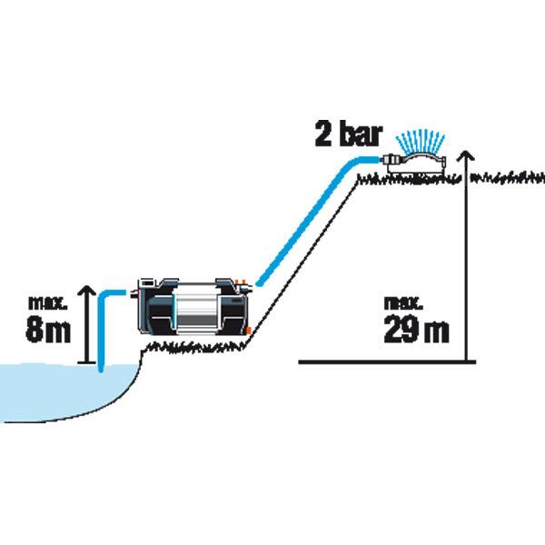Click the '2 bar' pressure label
[x=349, y=134]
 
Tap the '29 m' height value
[x=416, y=329]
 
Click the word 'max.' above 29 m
[x=403, y=303]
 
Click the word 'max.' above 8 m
[x=47, y=303]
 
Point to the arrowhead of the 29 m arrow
[x=466, y=155]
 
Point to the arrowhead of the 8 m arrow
[x=87, y=291]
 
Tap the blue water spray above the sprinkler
[x=421, y=141]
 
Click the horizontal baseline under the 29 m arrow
[x=387, y=362]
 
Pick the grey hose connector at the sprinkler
[x=391, y=160]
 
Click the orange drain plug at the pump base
[x=248, y=331]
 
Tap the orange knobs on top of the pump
[x=240, y=282]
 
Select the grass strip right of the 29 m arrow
[x=508, y=178]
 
